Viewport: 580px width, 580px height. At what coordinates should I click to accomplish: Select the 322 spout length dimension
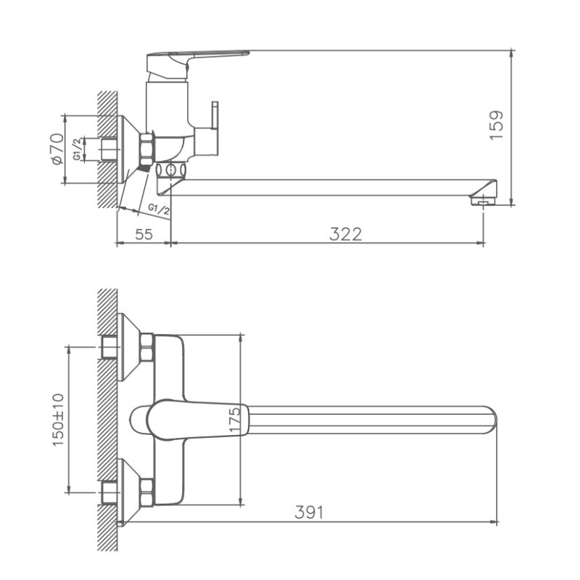[x=345, y=233]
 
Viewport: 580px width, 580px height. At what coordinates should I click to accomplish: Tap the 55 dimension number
[x=144, y=233]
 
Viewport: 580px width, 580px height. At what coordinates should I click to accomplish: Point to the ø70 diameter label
[x=57, y=149]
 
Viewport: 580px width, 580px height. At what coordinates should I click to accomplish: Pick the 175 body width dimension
[x=234, y=419]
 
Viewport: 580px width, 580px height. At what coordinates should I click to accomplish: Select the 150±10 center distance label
[x=59, y=419]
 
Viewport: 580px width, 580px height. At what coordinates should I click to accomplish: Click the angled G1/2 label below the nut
[x=159, y=210]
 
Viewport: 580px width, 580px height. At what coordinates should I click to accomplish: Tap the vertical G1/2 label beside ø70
[x=77, y=149]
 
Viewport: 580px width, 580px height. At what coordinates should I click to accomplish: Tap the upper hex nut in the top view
[x=146, y=347]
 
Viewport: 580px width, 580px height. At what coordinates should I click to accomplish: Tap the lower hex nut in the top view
[x=146, y=492]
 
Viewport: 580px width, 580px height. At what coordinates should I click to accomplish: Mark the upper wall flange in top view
[x=127, y=347]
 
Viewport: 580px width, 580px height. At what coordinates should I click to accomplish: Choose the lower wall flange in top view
[x=127, y=492]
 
